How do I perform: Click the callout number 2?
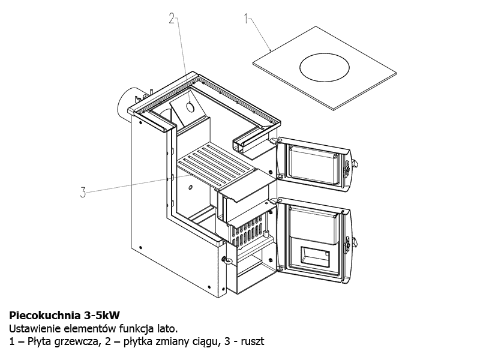[x=172, y=19]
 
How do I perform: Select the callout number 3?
[x=83, y=193]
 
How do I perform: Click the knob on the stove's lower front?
[x=226, y=260]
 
